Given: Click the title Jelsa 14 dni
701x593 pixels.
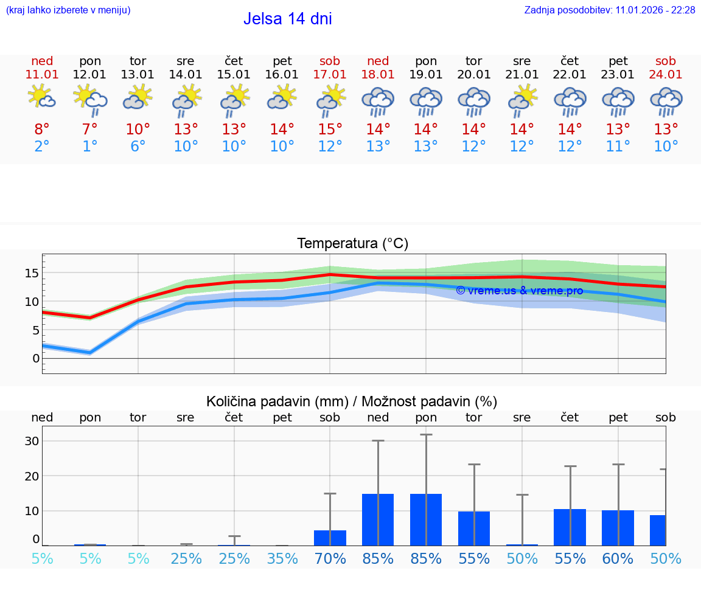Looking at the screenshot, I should (287, 19).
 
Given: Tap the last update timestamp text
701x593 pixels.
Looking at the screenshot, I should (610, 10).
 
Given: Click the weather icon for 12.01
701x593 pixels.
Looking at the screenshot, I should (90, 100).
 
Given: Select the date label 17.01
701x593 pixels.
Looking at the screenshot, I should (330, 75).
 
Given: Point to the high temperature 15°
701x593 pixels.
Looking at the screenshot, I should (330, 130).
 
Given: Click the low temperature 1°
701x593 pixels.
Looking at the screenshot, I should (90, 147).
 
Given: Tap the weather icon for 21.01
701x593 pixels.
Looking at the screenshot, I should (522, 100).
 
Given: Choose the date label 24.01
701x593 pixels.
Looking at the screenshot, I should (666, 75).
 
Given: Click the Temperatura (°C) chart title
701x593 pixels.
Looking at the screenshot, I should (352, 244).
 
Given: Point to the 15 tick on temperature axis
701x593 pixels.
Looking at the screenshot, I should (32, 273).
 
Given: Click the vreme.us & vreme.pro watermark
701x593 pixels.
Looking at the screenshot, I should (519, 291).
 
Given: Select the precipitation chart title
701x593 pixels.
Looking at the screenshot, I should (352, 401).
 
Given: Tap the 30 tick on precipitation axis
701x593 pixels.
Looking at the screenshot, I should (32, 441).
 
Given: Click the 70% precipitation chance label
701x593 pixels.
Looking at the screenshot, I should (330, 559).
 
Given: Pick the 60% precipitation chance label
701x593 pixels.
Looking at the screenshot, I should (618, 559).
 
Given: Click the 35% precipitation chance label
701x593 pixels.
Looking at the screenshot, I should (282, 559).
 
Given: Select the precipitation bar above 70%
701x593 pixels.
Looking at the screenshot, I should (330, 538).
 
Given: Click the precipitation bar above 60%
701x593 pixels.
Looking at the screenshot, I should (618, 528).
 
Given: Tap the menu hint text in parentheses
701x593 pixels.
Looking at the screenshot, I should (68, 10).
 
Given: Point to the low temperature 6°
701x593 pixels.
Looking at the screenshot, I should (138, 147).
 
